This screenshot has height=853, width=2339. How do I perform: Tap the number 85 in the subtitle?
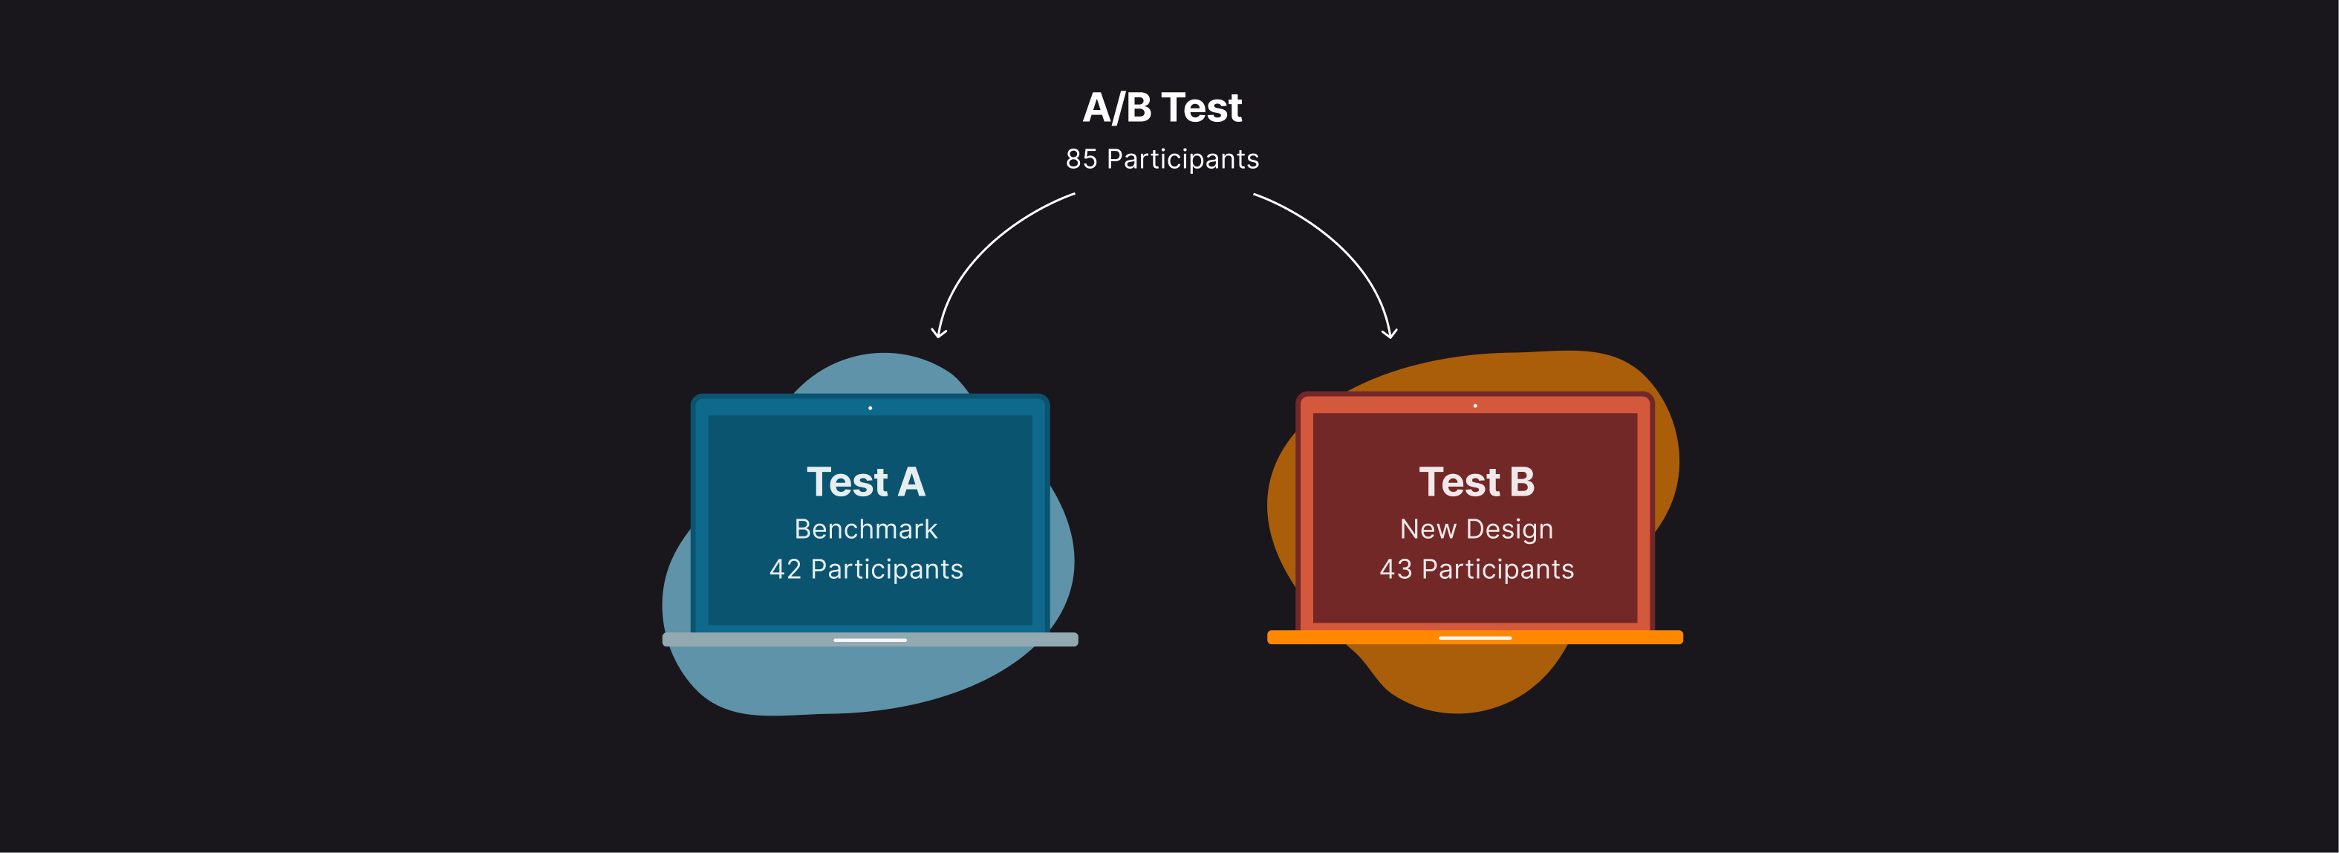point(1081,159)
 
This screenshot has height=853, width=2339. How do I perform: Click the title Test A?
point(865,481)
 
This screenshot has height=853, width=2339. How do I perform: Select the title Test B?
point(1477,481)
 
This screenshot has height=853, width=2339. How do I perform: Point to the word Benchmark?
point(865,529)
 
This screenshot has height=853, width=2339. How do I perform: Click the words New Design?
point(1477,529)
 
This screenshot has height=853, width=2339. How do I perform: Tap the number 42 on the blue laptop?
point(784,570)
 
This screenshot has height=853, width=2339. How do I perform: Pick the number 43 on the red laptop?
point(1396,570)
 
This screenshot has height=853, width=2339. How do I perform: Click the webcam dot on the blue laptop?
point(870,408)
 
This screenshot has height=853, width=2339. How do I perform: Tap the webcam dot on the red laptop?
point(1474,406)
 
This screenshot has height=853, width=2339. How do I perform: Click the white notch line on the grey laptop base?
point(870,640)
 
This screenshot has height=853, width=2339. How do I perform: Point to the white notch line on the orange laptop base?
point(1474,638)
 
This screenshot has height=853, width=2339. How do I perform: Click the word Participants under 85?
point(1182,159)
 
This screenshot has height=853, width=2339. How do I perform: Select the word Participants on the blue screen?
point(886,570)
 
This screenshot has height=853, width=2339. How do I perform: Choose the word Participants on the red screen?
point(1497,570)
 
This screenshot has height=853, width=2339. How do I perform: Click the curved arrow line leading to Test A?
point(985,241)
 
